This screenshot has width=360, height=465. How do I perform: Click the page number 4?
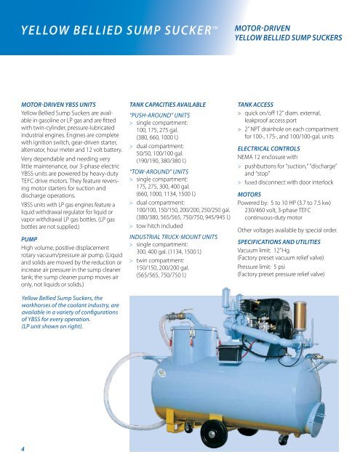pyautogui.click(x=23, y=449)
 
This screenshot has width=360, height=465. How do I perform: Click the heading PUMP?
pyautogui.click(x=29, y=239)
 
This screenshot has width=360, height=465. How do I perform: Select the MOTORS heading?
pyautogui.click(x=249, y=195)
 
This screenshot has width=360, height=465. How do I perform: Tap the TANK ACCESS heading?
pyautogui.click(x=255, y=105)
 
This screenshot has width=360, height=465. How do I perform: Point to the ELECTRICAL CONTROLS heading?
pyautogui.click(x=268, y=148)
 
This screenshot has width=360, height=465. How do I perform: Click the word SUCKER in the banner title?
pyautogui.click(x=183, y=31)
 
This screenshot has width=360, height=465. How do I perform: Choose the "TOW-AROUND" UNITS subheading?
pyautogui.click(x=159, y=171)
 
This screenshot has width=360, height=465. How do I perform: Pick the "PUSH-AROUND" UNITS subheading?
pyautogui.click(x=160, y=116)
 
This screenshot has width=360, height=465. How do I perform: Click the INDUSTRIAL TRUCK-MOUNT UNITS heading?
pyautogui.click(x=173, y=237)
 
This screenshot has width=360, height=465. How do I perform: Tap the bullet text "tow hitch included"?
pyautogui.click(x=159, y=226)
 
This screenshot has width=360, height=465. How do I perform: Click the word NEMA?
pyautogui.click(x=245, y=157)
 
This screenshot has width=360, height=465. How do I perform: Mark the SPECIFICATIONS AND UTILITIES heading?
pyautogui.click(x=279, y=242)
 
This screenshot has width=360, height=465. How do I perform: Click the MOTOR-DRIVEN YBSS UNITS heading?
pyautogui.click(x=58, y=105)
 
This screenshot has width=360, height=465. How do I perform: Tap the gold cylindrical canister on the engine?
pyautogui.click(x=300, y=315)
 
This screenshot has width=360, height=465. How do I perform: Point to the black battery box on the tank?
pyautogui.click(x=229, y=354)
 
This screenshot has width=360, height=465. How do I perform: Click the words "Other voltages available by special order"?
pyautogui.click(x=287, y=230)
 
